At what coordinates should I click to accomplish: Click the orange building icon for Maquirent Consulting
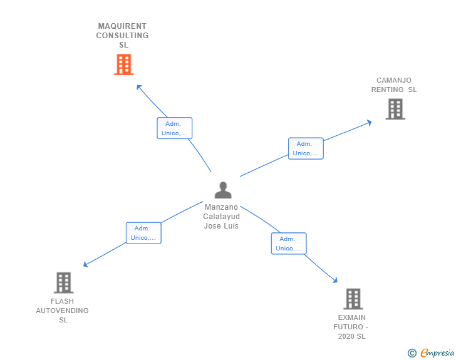pyautogui.click(x=123, y=64)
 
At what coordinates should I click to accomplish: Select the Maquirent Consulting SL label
pyautogui.click(x=122, y=36)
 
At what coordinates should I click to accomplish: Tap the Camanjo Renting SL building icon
pyautogui.click(x=395, y=109)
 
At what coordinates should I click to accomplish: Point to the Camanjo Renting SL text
pyautogui.click(x=394, y=85)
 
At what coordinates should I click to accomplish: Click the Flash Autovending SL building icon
pyautogui.click(x=63, y=283)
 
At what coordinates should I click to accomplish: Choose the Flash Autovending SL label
pyautogui.click(x=63, y=311)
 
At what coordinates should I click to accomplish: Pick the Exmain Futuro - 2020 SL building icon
pyautogui.click(x=353, y=299)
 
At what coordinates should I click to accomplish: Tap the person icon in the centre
pyautogui.click(x=222, y=190)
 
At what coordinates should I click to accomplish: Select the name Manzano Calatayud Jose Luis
pyautogui.click(x=221, y=216)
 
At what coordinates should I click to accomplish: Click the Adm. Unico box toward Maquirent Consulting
pyautogui.click(x=174, y=128)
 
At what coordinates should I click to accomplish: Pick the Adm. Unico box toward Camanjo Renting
pyautogui.click(x=306, y=148)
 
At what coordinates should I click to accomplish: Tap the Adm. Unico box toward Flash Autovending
pyautogui.click(x=143, y=233)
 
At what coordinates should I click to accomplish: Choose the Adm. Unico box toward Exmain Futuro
pyautogui.click(x=288, y=244)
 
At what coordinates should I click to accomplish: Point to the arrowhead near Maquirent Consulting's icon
pyautogui.click(x=139, y=86)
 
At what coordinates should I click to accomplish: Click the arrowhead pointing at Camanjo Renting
pyautogui.click(x=369, y=122)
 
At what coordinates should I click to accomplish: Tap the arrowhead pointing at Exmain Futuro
pyautogui.click(x=336, y=281)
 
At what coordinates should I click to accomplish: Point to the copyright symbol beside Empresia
pyautogui.click(x=412, y=353)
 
